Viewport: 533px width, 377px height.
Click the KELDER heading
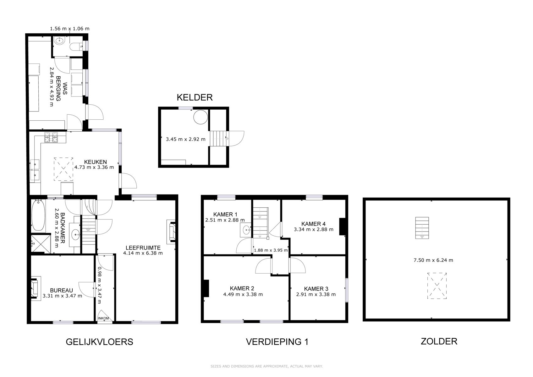coord(195,97)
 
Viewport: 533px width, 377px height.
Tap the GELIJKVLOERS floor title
coord(99,342)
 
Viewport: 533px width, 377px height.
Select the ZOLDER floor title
coord(439,341)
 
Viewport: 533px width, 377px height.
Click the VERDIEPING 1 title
coord(277,342)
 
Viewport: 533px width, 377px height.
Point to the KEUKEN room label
coord(96,162)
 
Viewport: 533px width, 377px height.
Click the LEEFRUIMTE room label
coord(143,248)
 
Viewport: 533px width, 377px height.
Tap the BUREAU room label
coord(61,290)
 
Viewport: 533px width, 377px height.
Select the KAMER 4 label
coord(313,224)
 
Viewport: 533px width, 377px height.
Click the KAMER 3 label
coord(316,289)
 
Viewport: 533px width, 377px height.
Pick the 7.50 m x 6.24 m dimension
coord(433,260)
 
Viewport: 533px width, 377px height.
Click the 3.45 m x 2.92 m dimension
coord(186,139)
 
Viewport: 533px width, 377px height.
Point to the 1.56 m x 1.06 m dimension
coord(70,29)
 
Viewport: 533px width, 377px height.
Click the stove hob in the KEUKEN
coord(51,137)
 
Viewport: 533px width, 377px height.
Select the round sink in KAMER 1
coord(246,230)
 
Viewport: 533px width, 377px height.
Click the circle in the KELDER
coord(201,117)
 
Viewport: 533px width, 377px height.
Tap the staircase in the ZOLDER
coord(422,228)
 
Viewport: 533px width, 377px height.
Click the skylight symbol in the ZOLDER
coord(437,286)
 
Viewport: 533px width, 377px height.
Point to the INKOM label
coord(103,318)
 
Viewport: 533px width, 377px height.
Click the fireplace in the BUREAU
coord(35,288)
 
